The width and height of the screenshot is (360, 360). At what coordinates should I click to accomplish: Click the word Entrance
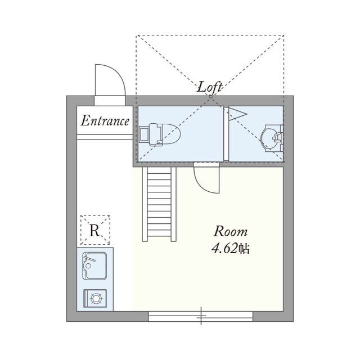pos(105,121)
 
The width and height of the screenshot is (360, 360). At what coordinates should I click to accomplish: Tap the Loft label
pos(210,87)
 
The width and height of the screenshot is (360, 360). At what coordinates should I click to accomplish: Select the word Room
pos(231,231)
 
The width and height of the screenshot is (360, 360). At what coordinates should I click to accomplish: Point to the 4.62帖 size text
pos(230,248)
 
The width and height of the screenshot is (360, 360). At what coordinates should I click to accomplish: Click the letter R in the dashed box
pos(94,230)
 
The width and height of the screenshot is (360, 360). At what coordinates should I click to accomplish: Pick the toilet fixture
pos(160,134)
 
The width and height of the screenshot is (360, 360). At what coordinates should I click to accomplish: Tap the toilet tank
pos(144,134)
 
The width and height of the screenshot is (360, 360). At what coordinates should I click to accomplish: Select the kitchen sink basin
pos(94,265)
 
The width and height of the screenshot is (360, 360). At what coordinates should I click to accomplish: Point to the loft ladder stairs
pos(159,204)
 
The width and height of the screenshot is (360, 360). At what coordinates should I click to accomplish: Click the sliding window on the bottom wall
pos(200,316)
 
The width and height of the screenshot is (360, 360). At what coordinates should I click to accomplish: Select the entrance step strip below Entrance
pos(105,137)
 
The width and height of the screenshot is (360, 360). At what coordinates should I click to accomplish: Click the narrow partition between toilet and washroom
pos(226,134)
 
